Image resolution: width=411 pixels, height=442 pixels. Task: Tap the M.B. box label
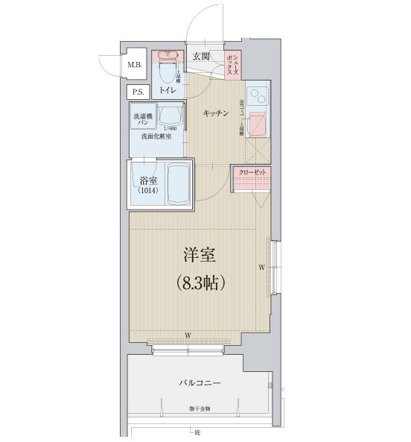pyautogui.click(x=134, y=65)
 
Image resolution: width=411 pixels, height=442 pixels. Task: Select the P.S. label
pyautogui.click(x=138, y=92)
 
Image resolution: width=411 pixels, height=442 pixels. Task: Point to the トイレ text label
pyautogui.click(x=168, y=90)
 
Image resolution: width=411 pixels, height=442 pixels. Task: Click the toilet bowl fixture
pyautogui.click(x=168, y=72)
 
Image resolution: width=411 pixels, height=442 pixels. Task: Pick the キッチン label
pyautogui.click(x=216, y=113)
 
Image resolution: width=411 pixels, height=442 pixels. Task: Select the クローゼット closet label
pyautogui.click(x=252, y=172)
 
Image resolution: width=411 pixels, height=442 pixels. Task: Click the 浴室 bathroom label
pyautogui.click(x=147, y=180)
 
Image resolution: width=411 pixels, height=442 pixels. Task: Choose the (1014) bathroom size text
pyautogui.click(x=147, y=192)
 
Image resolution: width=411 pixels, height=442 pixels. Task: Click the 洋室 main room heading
pyautogui.click(x=200, y=256)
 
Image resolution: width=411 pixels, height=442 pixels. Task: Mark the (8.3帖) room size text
pyautogui.click(x=200, y=283)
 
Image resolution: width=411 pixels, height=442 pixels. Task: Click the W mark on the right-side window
pyautogui.click(x=261, y=267)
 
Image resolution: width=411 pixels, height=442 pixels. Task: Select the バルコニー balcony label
pyautogui.click(x=200, y=382)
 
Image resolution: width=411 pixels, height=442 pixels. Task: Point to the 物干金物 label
pyautogui.click(x=199, y=409)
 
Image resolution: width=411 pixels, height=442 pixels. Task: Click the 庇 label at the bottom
pyautogui.click(x=198, y=432)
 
